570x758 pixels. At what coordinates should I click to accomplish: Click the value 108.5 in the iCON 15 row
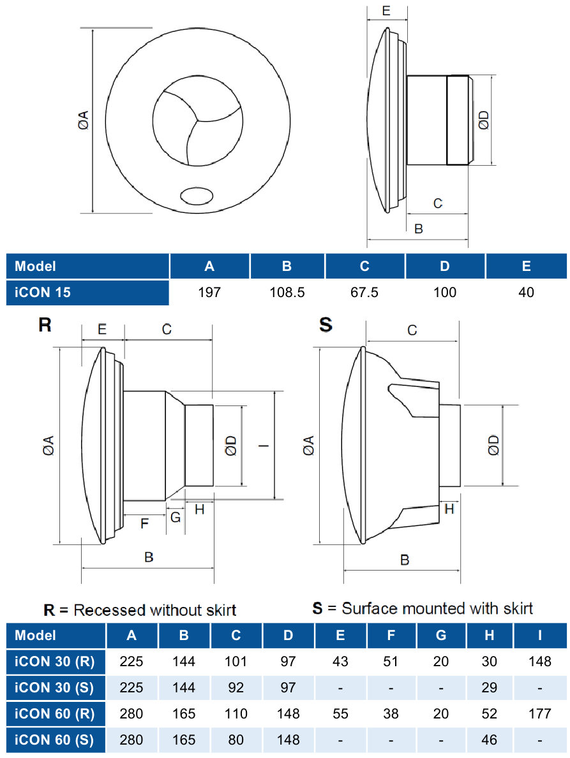click(x=287, y=293)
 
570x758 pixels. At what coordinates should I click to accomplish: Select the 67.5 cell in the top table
click(x=364, y=293)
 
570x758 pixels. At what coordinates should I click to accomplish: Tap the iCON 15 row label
click(x=43, y=293)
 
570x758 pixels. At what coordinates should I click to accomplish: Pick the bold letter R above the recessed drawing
click(x=45, y=324)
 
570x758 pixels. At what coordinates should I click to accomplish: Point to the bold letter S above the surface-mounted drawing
click(x=326, y=324)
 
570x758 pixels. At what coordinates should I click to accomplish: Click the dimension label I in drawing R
click(x=264, y=445)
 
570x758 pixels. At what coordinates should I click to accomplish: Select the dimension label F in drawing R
click(x=144, y=524)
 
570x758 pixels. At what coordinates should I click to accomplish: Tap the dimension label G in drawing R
click(x=175, y=517)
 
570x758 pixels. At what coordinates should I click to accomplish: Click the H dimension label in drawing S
click(x=449, y=508)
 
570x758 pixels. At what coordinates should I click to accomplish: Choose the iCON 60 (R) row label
click(x=55, y=713)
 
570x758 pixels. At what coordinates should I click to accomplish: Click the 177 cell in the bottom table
click(x=539, y=713)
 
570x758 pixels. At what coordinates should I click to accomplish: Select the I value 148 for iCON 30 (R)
click(x=539, y=661)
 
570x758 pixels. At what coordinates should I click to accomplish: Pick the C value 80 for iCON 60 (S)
click(x=236, y=740)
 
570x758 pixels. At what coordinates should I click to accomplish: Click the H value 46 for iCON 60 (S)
click(x=489, y=740)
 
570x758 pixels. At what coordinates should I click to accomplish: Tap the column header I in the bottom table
click(x=539, y=635)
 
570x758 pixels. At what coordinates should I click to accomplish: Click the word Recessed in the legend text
click(x=109, y=610)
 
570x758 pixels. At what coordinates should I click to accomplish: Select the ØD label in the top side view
click(x=484, y=120)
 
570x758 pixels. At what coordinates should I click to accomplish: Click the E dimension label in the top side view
click(x=386, y=11)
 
